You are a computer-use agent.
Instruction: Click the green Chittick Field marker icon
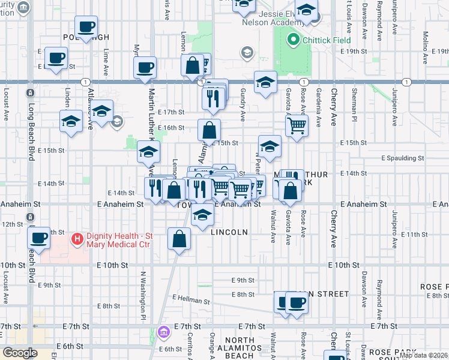coord(293,41)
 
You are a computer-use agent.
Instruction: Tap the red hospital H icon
coord(76,240)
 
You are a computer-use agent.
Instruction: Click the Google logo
coord(20,353)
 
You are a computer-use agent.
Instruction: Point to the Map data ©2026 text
coord(423,355)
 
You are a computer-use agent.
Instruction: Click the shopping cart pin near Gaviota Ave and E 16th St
coord(297,126)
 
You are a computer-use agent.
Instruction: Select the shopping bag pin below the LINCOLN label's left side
coord(179,239)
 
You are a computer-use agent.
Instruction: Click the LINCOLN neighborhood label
coord(229,232)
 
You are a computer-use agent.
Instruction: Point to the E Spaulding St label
coord(403,158)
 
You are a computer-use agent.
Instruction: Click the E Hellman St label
coord(193,298)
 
